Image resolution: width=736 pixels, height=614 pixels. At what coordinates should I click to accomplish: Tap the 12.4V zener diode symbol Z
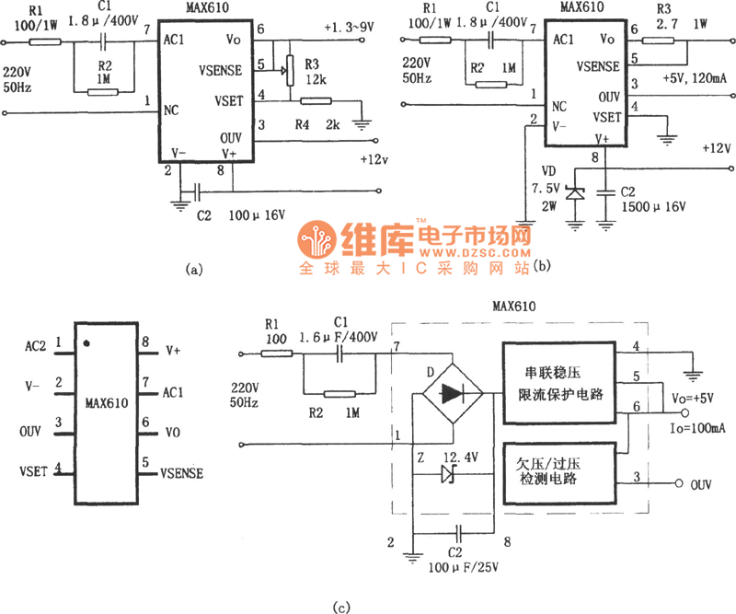(449, 474)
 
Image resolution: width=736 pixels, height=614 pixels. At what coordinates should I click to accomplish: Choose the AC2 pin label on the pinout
(38, 347)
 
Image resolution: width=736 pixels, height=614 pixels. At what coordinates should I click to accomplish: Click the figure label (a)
(191, 270)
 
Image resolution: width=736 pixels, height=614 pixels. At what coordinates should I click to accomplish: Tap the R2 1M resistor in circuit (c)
(339, 394)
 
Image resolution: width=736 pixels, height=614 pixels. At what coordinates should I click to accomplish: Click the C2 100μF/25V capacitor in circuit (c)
(457, 533)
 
